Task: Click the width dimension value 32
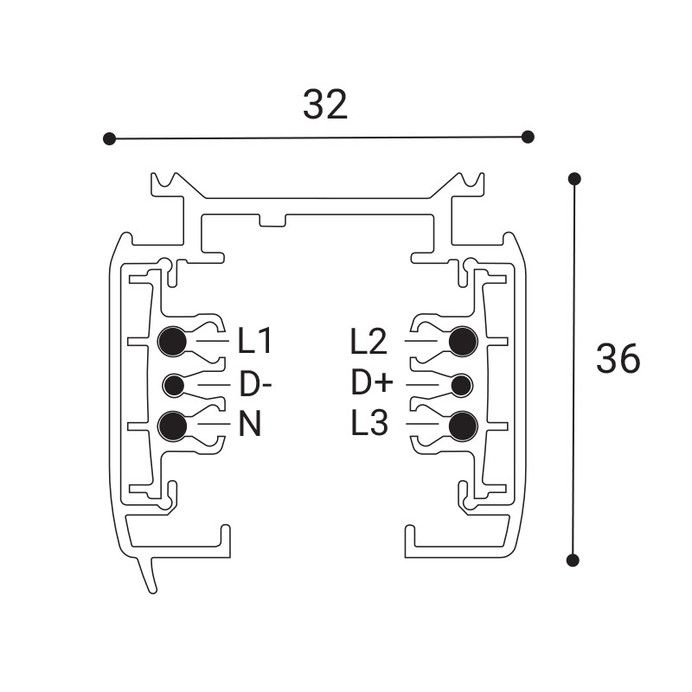(325, 105)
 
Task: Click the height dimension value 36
(618, 358)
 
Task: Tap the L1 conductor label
(256, 342)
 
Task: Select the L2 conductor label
(368, 342)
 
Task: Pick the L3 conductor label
(369, 424)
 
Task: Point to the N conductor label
(250, 425)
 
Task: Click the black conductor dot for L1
(173, 342)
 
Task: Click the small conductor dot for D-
(174, 384)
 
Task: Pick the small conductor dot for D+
(462, 384)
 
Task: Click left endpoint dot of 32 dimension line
(109, 138)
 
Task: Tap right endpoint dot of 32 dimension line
(529, 137)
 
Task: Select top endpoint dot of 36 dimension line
(573, 179)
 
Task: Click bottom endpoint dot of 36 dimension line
(573, 560)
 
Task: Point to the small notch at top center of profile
(272, 221)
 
